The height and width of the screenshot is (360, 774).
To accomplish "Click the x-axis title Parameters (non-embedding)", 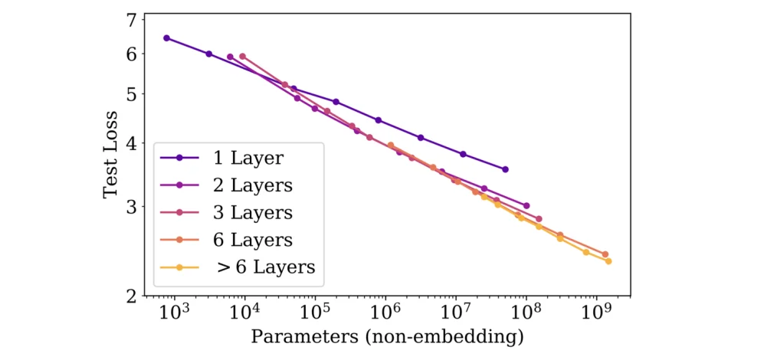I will (387, 336).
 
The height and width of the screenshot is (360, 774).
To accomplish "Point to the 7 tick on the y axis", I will (131, 21).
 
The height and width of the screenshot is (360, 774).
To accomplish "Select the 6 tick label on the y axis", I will (131, 54).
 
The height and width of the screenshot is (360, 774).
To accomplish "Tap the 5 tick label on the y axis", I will (131, 94).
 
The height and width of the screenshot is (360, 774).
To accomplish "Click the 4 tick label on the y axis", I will (131, 143).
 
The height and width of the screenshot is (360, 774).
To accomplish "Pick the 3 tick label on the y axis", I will (131, 206).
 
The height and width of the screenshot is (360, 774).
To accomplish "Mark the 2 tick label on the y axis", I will (131, 296).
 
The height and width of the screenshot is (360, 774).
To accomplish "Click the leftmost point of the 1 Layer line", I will (166, 38).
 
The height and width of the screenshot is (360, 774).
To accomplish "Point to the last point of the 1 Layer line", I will (505, 169).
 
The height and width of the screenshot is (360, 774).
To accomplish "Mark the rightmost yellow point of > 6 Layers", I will (608, 261).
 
